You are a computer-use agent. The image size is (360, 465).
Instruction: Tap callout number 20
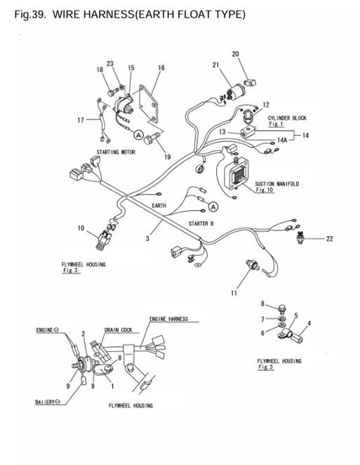[x=235, y=54]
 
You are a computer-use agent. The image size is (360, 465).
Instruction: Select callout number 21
[x=216, y=65]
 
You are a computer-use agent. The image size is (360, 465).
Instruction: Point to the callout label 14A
[x=283, y=140]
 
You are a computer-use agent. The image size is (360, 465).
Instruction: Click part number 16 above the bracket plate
[x=161, y=68]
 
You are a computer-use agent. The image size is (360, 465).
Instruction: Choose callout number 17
[x=81, y=119]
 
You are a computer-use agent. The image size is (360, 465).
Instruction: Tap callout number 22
[x=329, y=239]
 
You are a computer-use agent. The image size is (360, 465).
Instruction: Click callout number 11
[x=234, y=293]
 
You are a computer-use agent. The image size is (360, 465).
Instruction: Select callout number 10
[x=81, y=228]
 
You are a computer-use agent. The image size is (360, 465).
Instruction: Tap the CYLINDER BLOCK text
[x=287, y=117]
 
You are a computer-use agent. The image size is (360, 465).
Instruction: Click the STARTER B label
[x=201, y=223]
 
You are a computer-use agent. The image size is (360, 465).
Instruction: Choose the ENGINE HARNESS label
[x=168, y=319]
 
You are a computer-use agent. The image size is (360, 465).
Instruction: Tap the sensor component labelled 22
[x=300, y=238]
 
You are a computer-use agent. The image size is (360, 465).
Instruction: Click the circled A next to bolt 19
[x=138, y=133]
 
